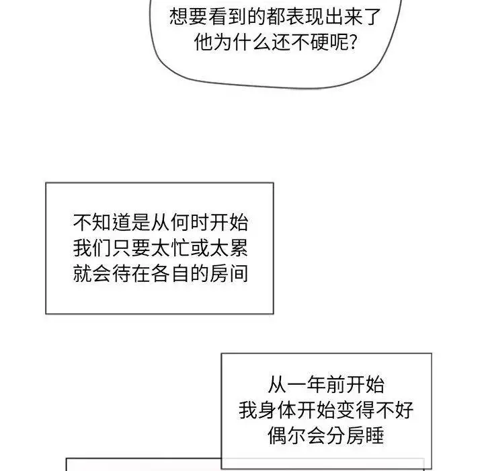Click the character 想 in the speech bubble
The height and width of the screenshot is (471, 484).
pyautogui.click(x=179, y=17)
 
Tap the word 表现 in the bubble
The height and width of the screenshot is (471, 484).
pyautogui.click(x=305, y=17)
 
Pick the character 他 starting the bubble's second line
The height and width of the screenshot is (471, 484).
pyautogui.click(x=204, y=42)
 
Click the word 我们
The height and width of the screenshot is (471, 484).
pyautogui.click(x=93, y=248)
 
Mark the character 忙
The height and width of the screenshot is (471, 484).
pyautogui.click(x=180, y=248)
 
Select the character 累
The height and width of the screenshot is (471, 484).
pyautogui.click(x=238, y=248)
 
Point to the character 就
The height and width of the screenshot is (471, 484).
pyautogui.click(x=83, y=273)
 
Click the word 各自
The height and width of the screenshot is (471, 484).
pyautogui.click(x=170, y=273)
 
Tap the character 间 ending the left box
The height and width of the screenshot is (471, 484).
pyautogui.click(x=238, y=273)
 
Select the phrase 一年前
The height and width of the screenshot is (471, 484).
pyautogui.click(x=317, y=385)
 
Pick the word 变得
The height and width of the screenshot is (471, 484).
pyautogui.click(x=356, y=410)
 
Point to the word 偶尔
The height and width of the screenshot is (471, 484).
pyautogui.click(x=287, y=436)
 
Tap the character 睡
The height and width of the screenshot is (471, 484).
pyautogui.click(x=374, y=436)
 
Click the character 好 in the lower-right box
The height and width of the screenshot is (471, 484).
pyautogui.click(x=404, y=410)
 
